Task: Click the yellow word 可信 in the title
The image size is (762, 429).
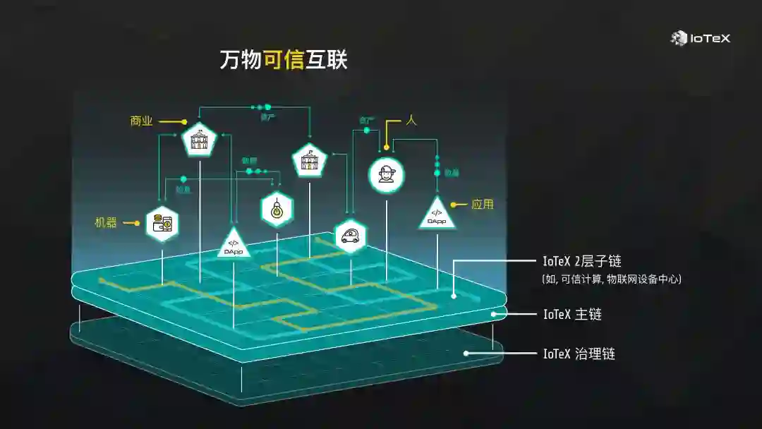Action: point(283,61)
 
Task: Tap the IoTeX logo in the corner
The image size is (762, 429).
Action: point(700,38)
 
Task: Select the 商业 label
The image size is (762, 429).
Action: point(141,121)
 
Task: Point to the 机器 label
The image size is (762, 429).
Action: point(106,223)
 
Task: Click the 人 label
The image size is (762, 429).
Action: point(411,121)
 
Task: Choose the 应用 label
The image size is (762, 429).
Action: point(483,205)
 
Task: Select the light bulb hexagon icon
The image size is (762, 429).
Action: point(277,208)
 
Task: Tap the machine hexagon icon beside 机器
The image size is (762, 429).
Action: point(162,223)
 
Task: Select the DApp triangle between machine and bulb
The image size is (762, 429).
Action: point(234,244)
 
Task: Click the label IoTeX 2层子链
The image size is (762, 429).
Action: point(582,261)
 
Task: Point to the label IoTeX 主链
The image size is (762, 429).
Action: point(572,315)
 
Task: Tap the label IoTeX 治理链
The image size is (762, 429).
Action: point(579,354)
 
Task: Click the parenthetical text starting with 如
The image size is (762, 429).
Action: point(611,279)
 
